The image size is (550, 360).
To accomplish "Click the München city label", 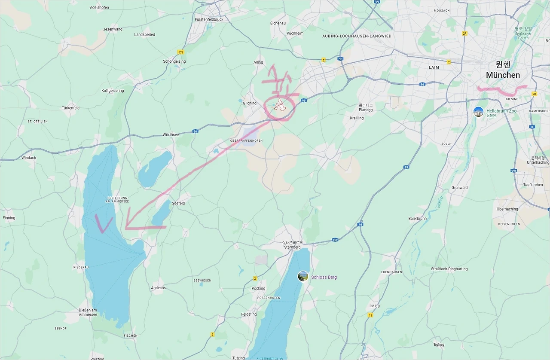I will tap(503, 75).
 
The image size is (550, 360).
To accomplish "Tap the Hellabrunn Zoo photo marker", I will tap(478, 112).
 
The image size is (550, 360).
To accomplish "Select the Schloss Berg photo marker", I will tap(303, 276).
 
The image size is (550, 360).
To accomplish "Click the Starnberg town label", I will tap(292, 247).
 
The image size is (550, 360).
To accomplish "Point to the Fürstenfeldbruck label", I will tap(209, 19).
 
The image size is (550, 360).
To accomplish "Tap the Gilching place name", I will tap(249, 103).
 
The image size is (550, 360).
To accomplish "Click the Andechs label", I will tap(158, 288).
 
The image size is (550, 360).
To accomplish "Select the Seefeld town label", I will tap(178, 203).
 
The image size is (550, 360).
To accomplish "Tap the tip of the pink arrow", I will tap(126, 227).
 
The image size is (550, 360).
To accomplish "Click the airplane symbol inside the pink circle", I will tap(280, 105).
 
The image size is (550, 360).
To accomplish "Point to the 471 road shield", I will tap(180, 52).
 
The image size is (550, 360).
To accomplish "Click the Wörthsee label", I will tap(171, 134).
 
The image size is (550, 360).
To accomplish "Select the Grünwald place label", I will tap(459, 188).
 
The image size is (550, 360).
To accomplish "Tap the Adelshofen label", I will tap(99, 7).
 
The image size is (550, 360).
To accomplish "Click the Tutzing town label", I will tap(238, 358).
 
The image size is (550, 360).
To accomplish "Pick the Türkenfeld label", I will tap(70, 108).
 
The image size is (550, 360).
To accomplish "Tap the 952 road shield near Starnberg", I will tap(335, 240).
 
